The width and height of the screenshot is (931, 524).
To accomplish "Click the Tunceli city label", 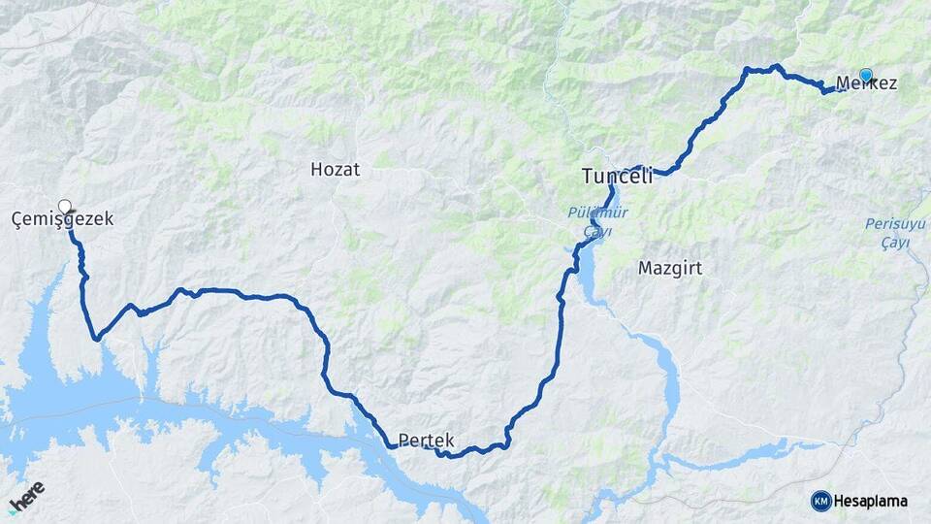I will (x=617, y=176).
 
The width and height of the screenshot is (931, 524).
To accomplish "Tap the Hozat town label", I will (x=335, y=170).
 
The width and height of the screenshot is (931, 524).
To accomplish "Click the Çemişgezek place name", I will (x=62, y=220).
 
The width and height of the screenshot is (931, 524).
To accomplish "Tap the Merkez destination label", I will (x=865, y=84).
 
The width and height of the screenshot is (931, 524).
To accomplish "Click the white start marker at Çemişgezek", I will (x=65, y=206).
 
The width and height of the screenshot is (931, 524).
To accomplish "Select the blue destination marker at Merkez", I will (x=865, y=75).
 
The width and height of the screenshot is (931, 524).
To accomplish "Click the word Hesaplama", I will (x=870, y=501).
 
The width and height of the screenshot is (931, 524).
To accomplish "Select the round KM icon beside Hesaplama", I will (x=820, y=501).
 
